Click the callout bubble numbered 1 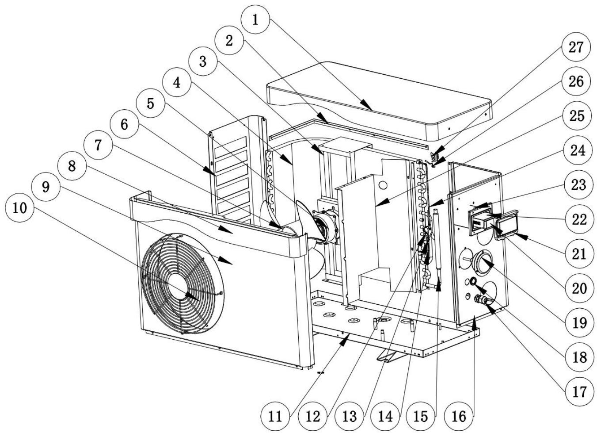pos(255,20)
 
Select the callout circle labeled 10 pos(19,207)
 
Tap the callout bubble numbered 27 pos(576,47)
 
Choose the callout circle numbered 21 pos(576,253)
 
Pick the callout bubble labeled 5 pos(151,104)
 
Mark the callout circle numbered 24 pos(576,150)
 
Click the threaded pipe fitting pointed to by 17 pos(479,300)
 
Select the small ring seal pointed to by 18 pos(473,281)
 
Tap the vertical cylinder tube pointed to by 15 pos(438,248)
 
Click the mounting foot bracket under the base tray pos(390,354)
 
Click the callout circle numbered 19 pos(576,322)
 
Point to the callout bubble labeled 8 pos(72,167)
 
